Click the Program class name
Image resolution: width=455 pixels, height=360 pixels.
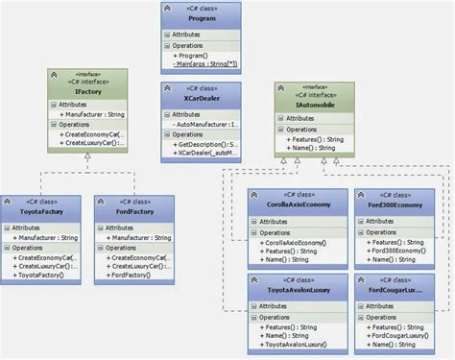[201, 17]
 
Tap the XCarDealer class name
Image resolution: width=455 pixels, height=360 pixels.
[201, 99]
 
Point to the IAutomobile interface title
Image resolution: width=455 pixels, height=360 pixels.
[313, 99]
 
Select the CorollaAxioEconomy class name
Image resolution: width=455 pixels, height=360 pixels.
[289, 204]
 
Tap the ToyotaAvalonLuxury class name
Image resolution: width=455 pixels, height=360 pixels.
[289, 290]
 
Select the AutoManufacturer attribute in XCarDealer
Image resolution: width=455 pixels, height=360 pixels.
[204, 125]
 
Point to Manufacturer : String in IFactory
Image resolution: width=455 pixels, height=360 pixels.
[91, 114]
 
